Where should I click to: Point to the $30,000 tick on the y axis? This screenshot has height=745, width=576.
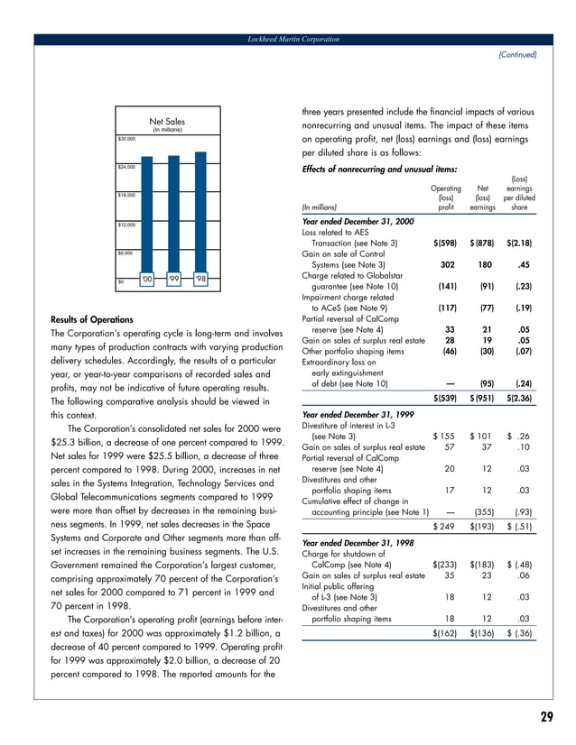coord(126,139)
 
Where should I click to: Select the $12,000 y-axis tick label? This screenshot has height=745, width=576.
coord(126,223)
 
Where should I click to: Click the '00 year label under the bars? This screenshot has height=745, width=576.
coord(146,278)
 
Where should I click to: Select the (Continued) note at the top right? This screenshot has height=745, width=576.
coord(517,54)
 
